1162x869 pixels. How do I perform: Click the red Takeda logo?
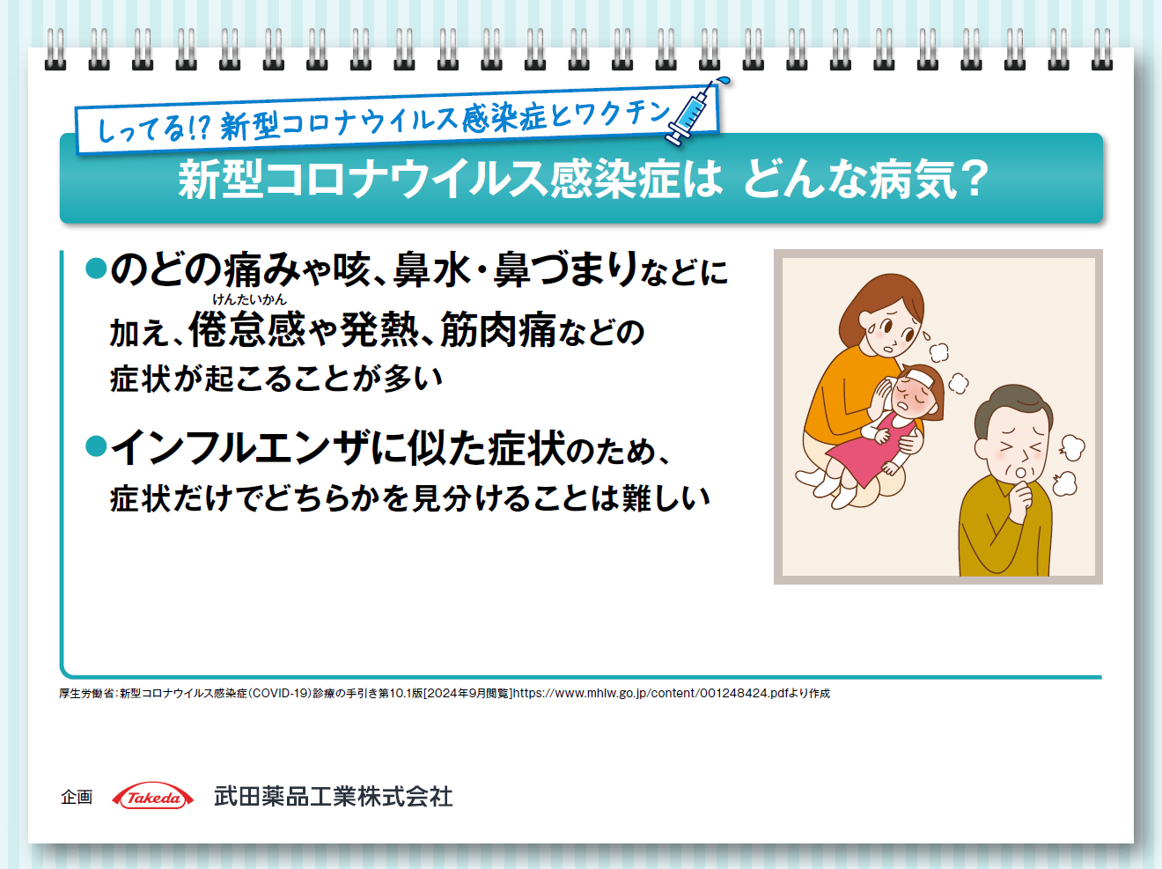click(x=153, y=797)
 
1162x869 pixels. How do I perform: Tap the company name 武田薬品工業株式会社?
click(x=333, y=797)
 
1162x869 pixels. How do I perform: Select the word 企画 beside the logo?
click(x=77, y=797)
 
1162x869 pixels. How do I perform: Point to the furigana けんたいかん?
click(x=249, y=299)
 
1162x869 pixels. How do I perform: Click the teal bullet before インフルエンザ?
click(x=96, y=446)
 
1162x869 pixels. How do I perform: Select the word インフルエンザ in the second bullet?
click(x=239, y=447)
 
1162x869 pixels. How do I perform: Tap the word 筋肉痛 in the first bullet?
click(x=498, y=329)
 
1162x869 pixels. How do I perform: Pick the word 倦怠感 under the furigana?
click(x=247, y=329)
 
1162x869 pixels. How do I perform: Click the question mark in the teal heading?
click(x=973, y=179)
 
